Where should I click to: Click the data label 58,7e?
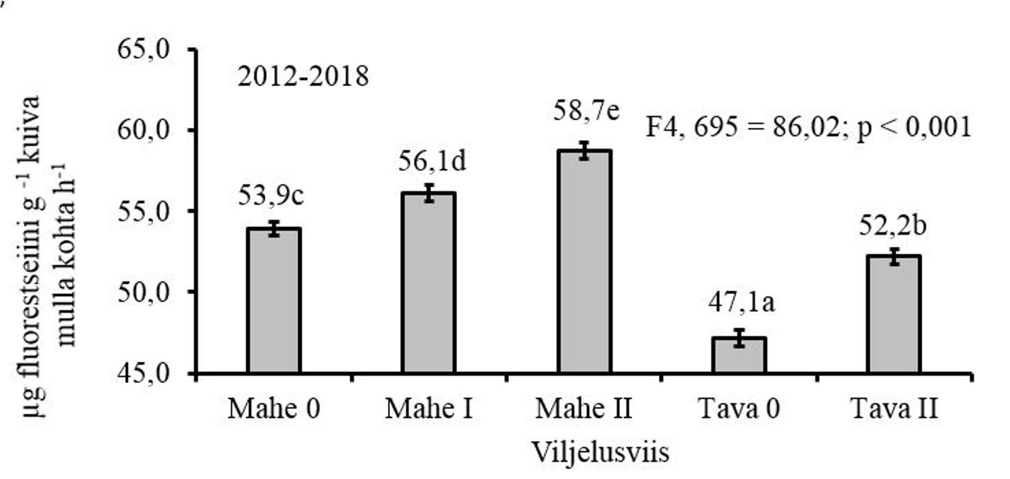(x=586, y=111)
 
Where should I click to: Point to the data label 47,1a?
(x=741, y=302)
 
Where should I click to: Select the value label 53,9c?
(x=271, y=196)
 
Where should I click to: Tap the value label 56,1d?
(x=431, y=161)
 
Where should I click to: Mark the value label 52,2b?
(x=893, y=226)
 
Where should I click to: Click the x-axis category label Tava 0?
(x=739, y=409)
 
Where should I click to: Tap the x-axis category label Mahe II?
(x=583, y=409)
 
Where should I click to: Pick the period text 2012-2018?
(x=303, y=77)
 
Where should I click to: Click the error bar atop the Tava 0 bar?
(x=739, y=338)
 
